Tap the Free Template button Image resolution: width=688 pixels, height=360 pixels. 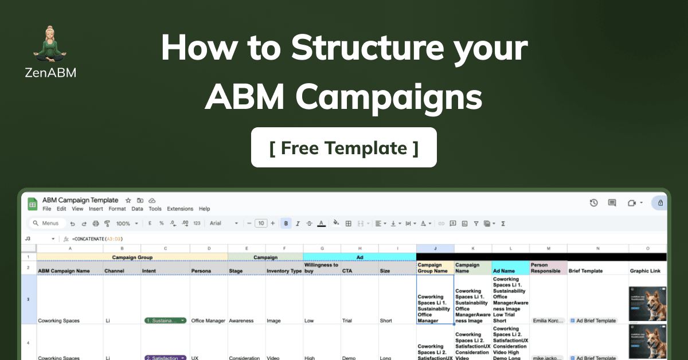pos(344,148)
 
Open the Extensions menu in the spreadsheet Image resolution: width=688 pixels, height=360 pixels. pos(180,209)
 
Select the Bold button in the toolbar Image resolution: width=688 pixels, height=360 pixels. pos(286,224)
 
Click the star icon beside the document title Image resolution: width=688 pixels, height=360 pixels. pos(128,201)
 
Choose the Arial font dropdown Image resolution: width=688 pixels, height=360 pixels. pos(224,224)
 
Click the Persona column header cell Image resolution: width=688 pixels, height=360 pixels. pos(201,271)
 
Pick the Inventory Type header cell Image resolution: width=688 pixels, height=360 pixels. pos(284,271)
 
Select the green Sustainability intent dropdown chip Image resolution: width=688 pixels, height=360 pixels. pos(166,321)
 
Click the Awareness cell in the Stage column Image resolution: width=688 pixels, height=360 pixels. pos(240,321)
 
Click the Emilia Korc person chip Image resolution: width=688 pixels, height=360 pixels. pos(548,321)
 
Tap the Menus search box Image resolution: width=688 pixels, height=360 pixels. pos(46,224)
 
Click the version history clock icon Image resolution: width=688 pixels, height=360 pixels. pos(594,203)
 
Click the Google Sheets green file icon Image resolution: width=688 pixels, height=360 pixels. pos(33,204)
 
